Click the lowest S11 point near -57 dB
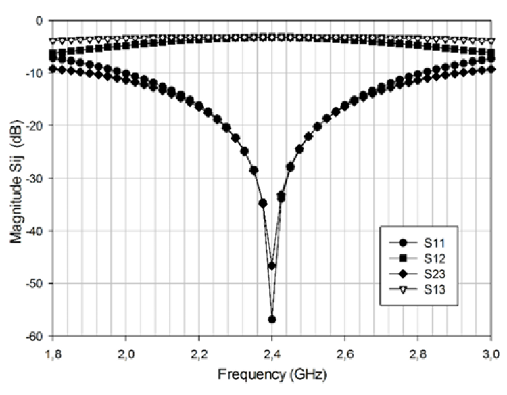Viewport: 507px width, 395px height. pos(272,319)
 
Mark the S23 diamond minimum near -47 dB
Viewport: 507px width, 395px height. pos(272,265)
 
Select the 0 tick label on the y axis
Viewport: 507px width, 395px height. pos(40,21)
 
